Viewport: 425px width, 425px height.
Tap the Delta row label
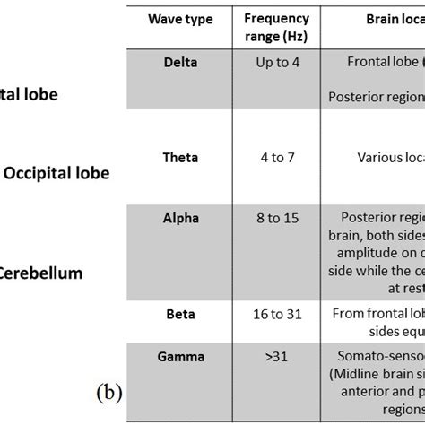(181, 62)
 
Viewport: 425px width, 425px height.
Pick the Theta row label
(181, 158)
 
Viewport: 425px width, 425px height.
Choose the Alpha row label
(181, 219)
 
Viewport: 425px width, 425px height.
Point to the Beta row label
(181, 315)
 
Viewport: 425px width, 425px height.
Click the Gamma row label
(181, 357)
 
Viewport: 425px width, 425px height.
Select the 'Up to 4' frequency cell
(276, 63)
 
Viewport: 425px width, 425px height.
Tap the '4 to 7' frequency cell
(276, 158)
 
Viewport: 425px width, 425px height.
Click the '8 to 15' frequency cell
(276, 219)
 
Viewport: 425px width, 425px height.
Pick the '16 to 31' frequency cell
(276, 315)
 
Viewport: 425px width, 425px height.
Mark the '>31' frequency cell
(276, 357)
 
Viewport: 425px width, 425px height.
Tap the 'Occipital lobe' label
(57, 173)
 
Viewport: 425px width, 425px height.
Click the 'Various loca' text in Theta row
(390, 158)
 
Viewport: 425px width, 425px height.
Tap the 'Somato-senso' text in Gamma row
(383, 356)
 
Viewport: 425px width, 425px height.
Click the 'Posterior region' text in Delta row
(377, 96)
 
